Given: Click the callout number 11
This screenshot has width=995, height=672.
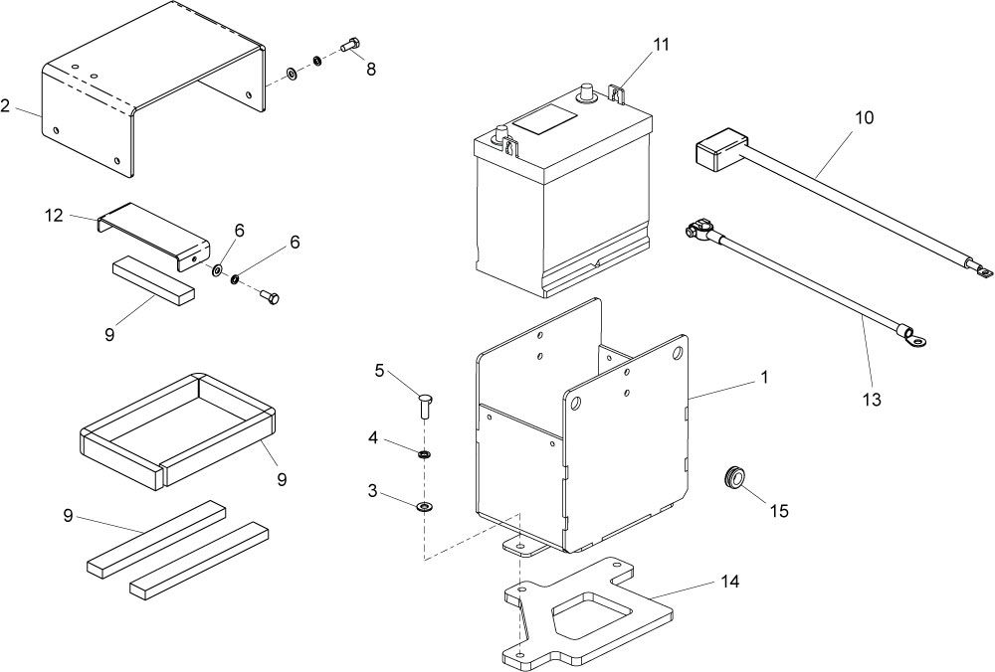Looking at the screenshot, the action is pos(661,45).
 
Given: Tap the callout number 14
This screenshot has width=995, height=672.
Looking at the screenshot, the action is pos(730,581).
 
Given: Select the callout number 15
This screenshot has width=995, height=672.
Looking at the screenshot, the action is pos(779,511).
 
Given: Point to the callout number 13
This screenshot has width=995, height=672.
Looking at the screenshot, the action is pos(872,400).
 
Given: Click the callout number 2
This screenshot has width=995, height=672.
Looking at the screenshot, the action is pos(5,105).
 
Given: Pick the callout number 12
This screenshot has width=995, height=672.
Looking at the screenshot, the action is pos(54,216).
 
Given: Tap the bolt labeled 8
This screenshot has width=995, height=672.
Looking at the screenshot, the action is pos(350,45).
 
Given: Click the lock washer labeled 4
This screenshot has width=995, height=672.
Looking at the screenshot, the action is pos(424,454).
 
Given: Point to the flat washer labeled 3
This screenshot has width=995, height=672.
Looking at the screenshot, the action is pos(424,506).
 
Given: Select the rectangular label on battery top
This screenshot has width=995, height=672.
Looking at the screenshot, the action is pos(544,120).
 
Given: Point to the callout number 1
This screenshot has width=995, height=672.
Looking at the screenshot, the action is pos(764,377).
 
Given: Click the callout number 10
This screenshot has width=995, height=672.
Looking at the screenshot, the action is pos(865,117).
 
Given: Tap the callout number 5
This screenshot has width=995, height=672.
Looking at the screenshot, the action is pos(379,370).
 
